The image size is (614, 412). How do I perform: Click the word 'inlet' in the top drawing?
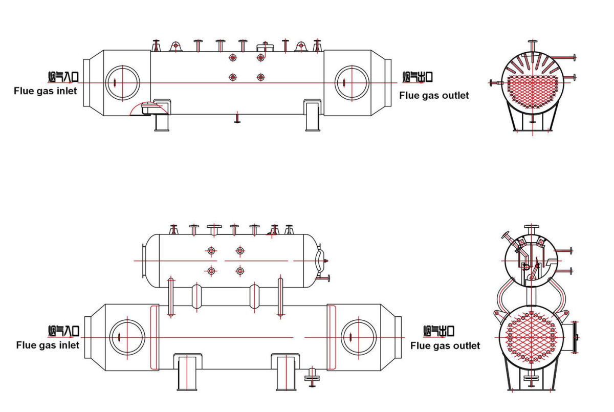pos(67,91)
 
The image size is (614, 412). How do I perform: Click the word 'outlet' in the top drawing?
pos(455,95)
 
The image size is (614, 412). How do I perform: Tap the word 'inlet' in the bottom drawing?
pos(70,345)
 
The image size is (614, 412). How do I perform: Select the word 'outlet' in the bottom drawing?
pos(467,345)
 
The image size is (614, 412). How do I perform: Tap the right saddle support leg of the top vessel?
pos(313,115)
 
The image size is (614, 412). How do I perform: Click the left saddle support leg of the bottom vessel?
pos(187,372)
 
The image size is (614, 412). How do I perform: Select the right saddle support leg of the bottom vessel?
pos(286,372)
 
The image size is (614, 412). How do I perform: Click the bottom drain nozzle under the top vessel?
pos(237,117)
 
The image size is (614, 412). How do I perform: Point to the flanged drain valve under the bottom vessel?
pos(312,377)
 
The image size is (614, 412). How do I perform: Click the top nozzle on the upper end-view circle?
pos(532,46)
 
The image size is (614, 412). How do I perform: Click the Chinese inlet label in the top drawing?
pos(63,77)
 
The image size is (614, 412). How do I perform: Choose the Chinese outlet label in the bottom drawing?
pos(439,331)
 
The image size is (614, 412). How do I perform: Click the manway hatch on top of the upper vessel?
pos(265,47)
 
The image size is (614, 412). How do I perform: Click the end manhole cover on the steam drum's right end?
pos(320,261)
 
